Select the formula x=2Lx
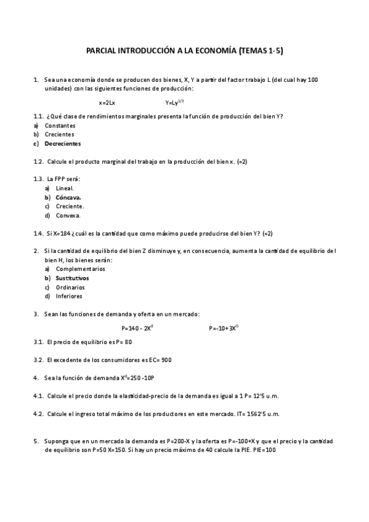click(107, 102)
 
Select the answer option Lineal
click(64, 188)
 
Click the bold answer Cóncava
click(68, 197)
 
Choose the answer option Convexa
click(68, 215)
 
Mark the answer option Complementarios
click(80, 269)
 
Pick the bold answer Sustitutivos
click(72, 278)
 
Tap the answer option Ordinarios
click(70, 287)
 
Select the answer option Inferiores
click(69, 296)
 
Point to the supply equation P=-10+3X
click(223, 328)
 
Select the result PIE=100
click(264, 450)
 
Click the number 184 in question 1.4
click(68, 233)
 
